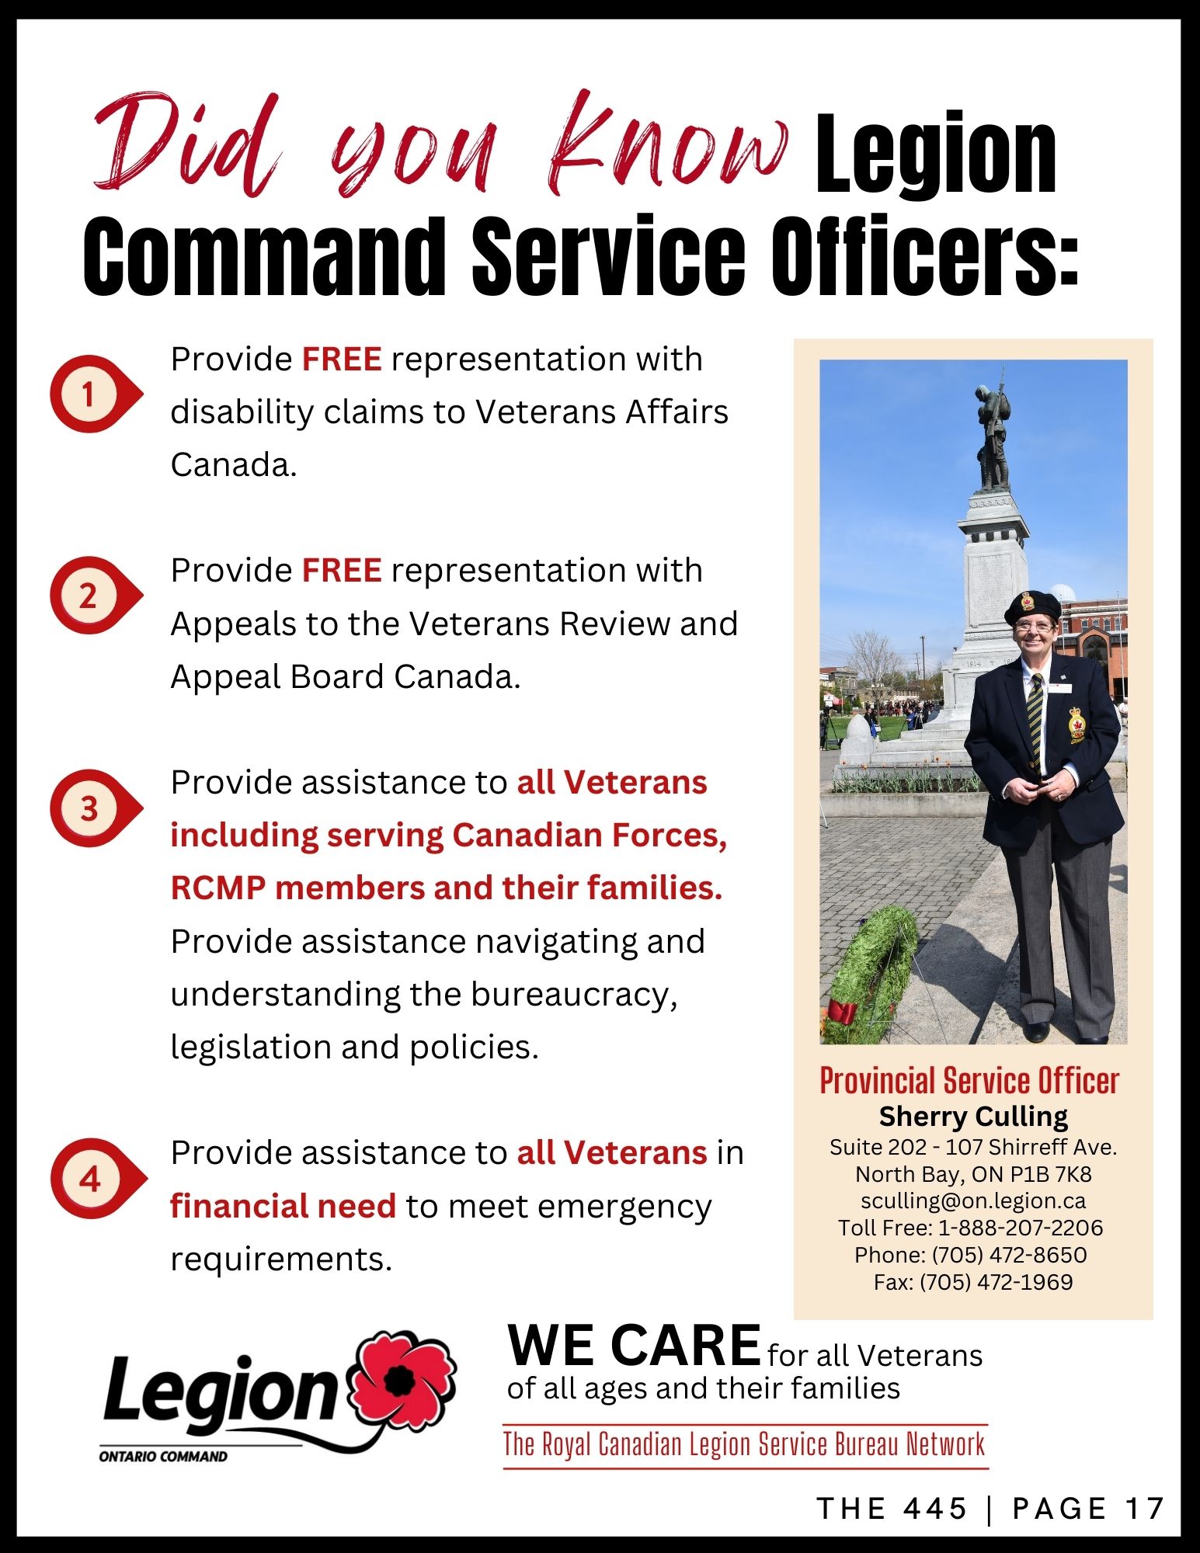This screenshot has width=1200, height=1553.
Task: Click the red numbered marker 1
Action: (95, 394)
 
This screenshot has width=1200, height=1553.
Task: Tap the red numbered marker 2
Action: (95, 596)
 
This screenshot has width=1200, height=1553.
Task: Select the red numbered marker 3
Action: (95, 808)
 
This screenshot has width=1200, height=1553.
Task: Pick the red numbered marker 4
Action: (96, 1179)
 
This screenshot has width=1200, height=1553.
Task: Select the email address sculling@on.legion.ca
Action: (973, 1200)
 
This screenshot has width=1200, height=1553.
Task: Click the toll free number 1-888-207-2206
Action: (1021, 1228)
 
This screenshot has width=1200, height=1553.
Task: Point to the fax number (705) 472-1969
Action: (997, 1282)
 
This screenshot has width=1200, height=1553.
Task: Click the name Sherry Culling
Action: (973, 1117)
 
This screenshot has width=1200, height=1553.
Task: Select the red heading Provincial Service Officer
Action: (969, 1080)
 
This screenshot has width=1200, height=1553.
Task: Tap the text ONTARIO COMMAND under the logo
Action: (163, 1457)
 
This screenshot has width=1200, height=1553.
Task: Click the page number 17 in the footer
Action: (1145, 1509)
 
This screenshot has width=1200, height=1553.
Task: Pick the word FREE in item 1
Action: (342, 360)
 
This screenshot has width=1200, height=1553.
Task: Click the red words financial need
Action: (283, 1207)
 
